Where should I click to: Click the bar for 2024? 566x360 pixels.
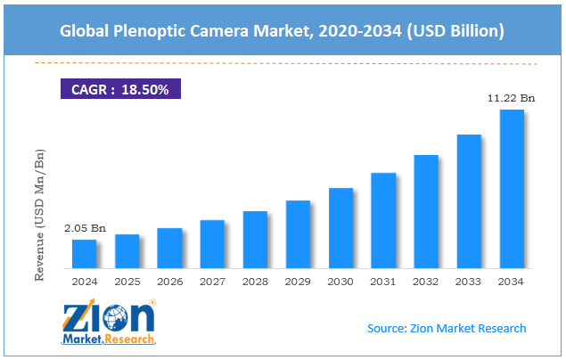click(x=84, y=254)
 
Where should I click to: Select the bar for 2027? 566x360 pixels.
click(x=212, y=244)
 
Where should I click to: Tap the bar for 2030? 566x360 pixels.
click(x=340, y=228)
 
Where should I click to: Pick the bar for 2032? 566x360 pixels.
click(x=426, y=212)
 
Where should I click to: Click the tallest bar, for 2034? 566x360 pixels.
click(x=512, y=189)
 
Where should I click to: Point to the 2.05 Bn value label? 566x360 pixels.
click(x=85, y=229)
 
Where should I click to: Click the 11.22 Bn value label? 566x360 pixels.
click(x=512, y=99)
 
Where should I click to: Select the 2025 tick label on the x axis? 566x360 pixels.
click(x=127, y=282)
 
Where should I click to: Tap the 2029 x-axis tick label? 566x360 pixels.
click(x=298, y=282)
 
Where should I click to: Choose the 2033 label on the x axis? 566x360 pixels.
click(x=469, y=282)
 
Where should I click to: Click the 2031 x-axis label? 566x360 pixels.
click(x=383, y=282)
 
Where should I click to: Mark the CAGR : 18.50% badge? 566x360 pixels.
click(x=120, y=89)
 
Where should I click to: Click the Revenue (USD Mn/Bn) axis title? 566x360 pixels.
click(x=41, y=215)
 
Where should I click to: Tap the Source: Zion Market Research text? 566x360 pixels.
click(x=447, y=329)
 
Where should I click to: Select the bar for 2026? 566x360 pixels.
click(x=169, y=249)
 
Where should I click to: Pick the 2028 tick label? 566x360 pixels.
click(x=255, y=282)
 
